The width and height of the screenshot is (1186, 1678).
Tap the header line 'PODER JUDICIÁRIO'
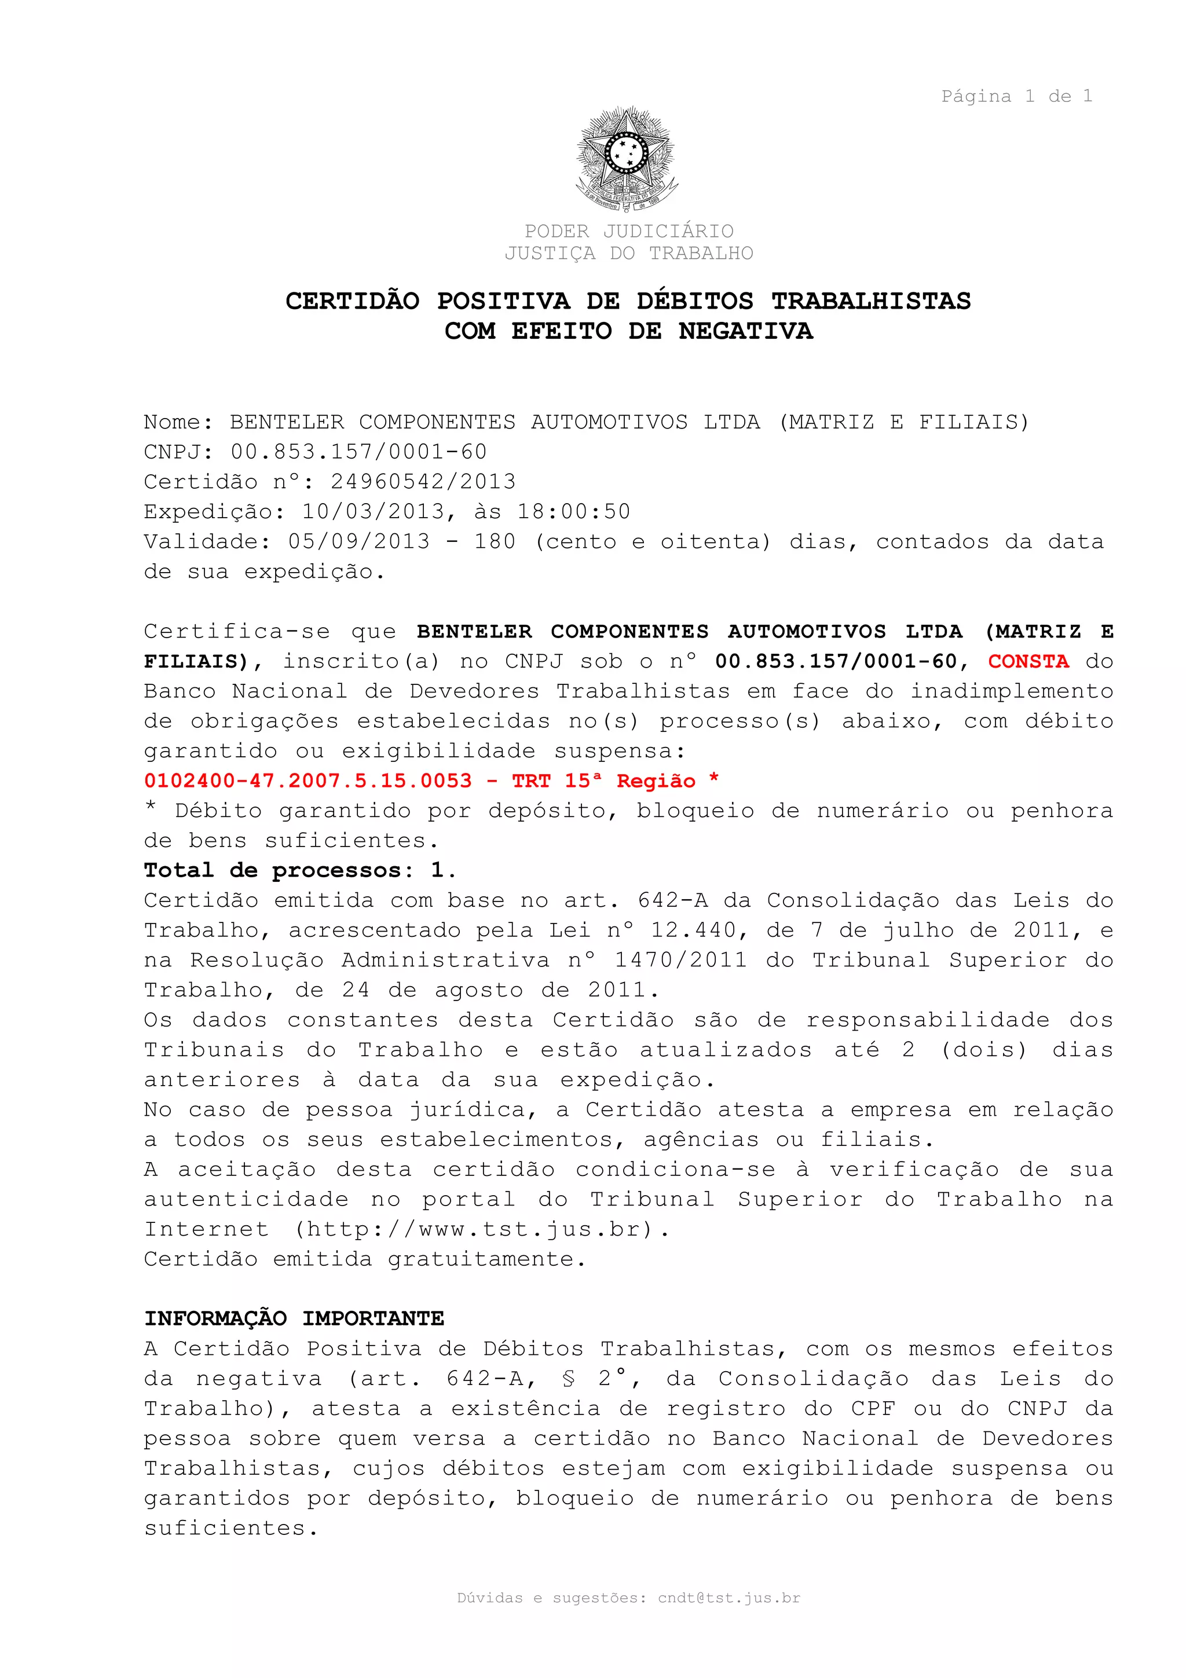click(628, 231)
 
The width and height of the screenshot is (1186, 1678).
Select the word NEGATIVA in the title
click(745, 331)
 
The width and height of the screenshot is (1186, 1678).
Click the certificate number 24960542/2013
click(423, 482)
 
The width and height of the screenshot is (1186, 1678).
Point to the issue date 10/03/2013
click(374, 512)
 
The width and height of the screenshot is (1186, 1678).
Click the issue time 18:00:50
click(574, 512)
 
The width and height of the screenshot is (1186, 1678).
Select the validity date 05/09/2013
click(359, 541)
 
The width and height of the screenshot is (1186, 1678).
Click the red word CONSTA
click(1028, 661)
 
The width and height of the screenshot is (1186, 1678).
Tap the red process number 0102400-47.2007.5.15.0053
click(308, 781)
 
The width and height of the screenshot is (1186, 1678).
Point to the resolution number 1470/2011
click(680, 961)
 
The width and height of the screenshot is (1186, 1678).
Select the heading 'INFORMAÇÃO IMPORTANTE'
click(294, 1318)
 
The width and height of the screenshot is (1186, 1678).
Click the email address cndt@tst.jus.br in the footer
click(729, 1598)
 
